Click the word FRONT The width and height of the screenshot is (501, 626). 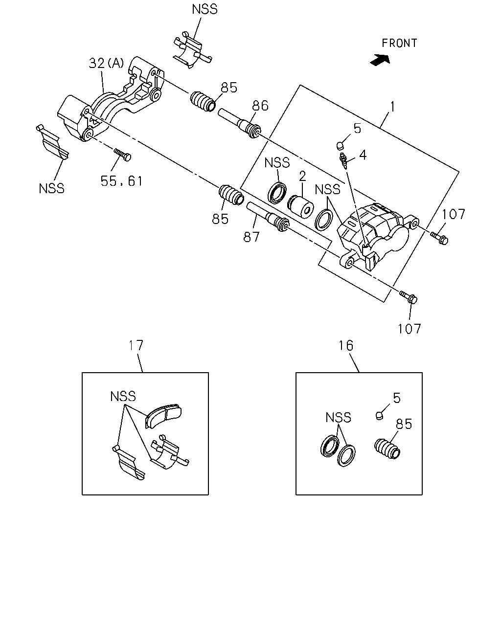pos(399,44)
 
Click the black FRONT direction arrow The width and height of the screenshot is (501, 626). pos(380,60)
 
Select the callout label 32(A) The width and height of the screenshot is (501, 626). pos(107,63)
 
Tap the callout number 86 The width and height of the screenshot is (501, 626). pos(260,106)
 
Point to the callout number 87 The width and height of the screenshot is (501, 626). pos(251,237)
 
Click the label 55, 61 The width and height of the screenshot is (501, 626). pos(121,181)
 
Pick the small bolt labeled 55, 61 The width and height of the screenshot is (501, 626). pos(122,155)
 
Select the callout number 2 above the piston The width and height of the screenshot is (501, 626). pos(302,176)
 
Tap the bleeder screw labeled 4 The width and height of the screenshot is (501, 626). pos(343,160)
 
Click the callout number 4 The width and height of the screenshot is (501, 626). pos(363,155)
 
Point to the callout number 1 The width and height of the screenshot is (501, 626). pos(392,107)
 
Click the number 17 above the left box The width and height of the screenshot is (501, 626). pos(136,345)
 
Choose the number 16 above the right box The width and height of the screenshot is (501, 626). pos(346,346)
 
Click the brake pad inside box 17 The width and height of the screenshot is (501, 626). pos(163,416)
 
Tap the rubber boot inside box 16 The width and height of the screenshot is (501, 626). pos(387,449)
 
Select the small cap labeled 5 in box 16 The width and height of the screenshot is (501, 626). pos(379,416)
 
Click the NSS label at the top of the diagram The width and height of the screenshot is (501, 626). pos(205,9)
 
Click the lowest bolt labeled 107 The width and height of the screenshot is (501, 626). pos(409,297)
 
